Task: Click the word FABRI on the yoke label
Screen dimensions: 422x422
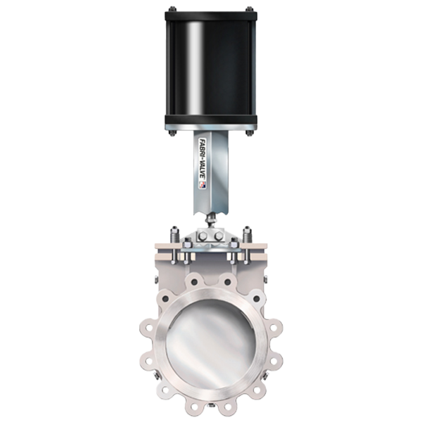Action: (201, 149)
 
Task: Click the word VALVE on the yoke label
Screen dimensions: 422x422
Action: (202, 171)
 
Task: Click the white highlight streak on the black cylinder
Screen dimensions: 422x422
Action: (194, 68)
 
